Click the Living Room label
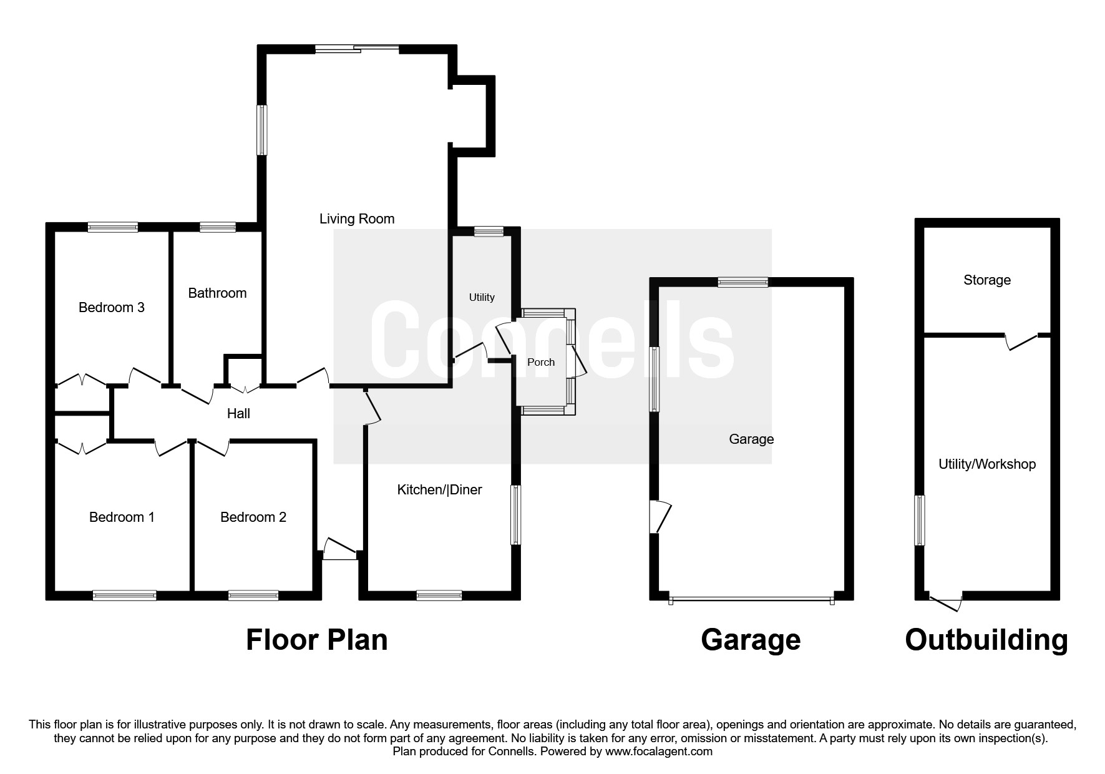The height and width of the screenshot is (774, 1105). coord(357,219)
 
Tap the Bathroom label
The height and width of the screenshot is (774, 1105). coord(217,293)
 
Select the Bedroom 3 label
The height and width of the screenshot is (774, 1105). coord(111,308)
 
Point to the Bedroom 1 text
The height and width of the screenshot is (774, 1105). coord(122,517)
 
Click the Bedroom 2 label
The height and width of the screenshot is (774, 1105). coord(253,517)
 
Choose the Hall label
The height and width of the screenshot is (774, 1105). coord(238,414)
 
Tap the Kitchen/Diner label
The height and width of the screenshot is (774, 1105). coord(439,490)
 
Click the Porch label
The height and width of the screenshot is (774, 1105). coord(540,362)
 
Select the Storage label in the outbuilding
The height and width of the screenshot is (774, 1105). coord(986,280)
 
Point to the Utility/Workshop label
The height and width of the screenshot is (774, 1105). coord(986,464)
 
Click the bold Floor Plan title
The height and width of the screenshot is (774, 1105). coord(316,640)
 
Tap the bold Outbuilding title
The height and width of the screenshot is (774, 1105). coord(986,640)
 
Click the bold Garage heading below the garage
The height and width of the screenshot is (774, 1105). coord(750,640)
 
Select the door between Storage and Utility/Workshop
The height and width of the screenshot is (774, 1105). coord(1021,341)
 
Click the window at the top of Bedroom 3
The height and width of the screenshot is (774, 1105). coord(112,227)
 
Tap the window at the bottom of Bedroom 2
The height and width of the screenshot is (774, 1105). coord(253,595)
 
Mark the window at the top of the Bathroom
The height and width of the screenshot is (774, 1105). coord(217,227)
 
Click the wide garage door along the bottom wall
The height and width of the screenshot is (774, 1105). coord(751,600)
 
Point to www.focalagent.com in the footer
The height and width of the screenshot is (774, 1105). coord(658,752)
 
